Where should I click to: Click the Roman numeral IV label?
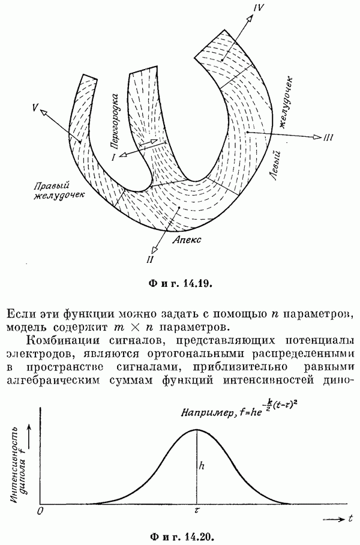click(258, 8)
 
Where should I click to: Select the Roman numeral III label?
click(328, 138)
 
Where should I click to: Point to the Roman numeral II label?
click(150, 259)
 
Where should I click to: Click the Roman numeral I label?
click(113, 157)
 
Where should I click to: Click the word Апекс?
click(188, 239)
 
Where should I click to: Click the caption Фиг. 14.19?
click(180, 283)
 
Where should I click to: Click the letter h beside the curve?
click(202, 465)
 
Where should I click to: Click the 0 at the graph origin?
click(40, 511)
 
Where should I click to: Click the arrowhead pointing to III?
click(317, 137)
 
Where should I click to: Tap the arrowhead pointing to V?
click(45, 112)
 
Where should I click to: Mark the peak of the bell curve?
click(197, 429)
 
